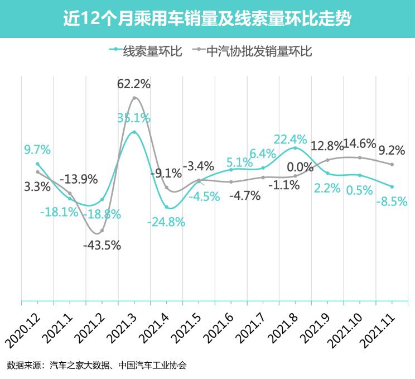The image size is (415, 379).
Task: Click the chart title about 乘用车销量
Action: point(207,18)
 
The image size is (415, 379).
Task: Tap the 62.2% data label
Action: point(134,84)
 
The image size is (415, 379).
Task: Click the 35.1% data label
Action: point(134,118)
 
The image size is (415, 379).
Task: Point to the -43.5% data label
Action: point(102,244)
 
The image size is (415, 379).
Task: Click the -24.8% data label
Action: point(166,222)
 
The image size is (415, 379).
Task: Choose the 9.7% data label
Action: point(37,150)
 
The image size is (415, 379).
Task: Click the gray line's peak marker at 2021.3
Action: point(134,99)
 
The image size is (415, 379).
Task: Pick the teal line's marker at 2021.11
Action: point(392,186)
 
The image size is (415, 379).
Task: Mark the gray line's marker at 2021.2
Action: point(102,231)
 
